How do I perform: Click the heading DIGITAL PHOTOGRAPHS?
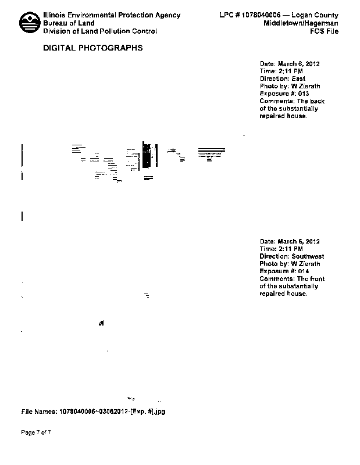coord(93,48)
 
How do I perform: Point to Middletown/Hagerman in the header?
coord(301,23)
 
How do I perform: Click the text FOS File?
coord(324,31)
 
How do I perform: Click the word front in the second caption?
coord(316,279)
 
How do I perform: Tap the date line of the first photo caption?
coord(290,63)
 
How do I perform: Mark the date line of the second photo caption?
coord(290,241)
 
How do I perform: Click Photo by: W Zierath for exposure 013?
coord(290,86)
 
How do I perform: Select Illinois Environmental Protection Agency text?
coord(112,15)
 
